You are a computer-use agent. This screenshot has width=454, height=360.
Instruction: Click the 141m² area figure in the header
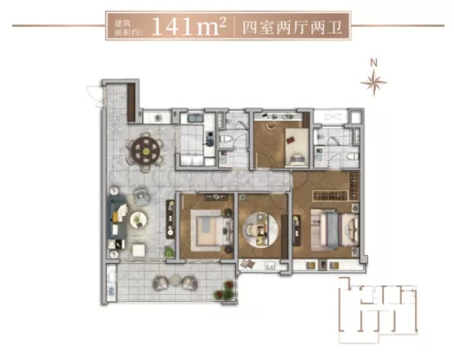188,26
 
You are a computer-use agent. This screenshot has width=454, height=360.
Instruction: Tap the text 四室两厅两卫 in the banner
293,28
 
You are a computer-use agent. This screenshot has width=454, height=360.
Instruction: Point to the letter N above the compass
374,62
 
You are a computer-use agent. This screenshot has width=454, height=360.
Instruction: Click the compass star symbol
374,82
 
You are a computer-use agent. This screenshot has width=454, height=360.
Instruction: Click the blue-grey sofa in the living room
117,218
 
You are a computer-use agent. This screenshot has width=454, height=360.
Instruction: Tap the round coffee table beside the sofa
139,220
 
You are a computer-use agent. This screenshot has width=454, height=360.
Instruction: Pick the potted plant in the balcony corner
226,291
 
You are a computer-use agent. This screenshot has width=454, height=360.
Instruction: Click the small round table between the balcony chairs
175,280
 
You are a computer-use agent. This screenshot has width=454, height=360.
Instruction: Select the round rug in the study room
260,230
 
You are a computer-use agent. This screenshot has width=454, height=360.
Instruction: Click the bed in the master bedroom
335,230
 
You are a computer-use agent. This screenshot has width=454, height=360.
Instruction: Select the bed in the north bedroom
297,147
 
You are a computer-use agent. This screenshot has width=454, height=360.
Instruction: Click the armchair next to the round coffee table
141,196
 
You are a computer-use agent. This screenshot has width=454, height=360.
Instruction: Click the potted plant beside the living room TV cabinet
169,252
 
